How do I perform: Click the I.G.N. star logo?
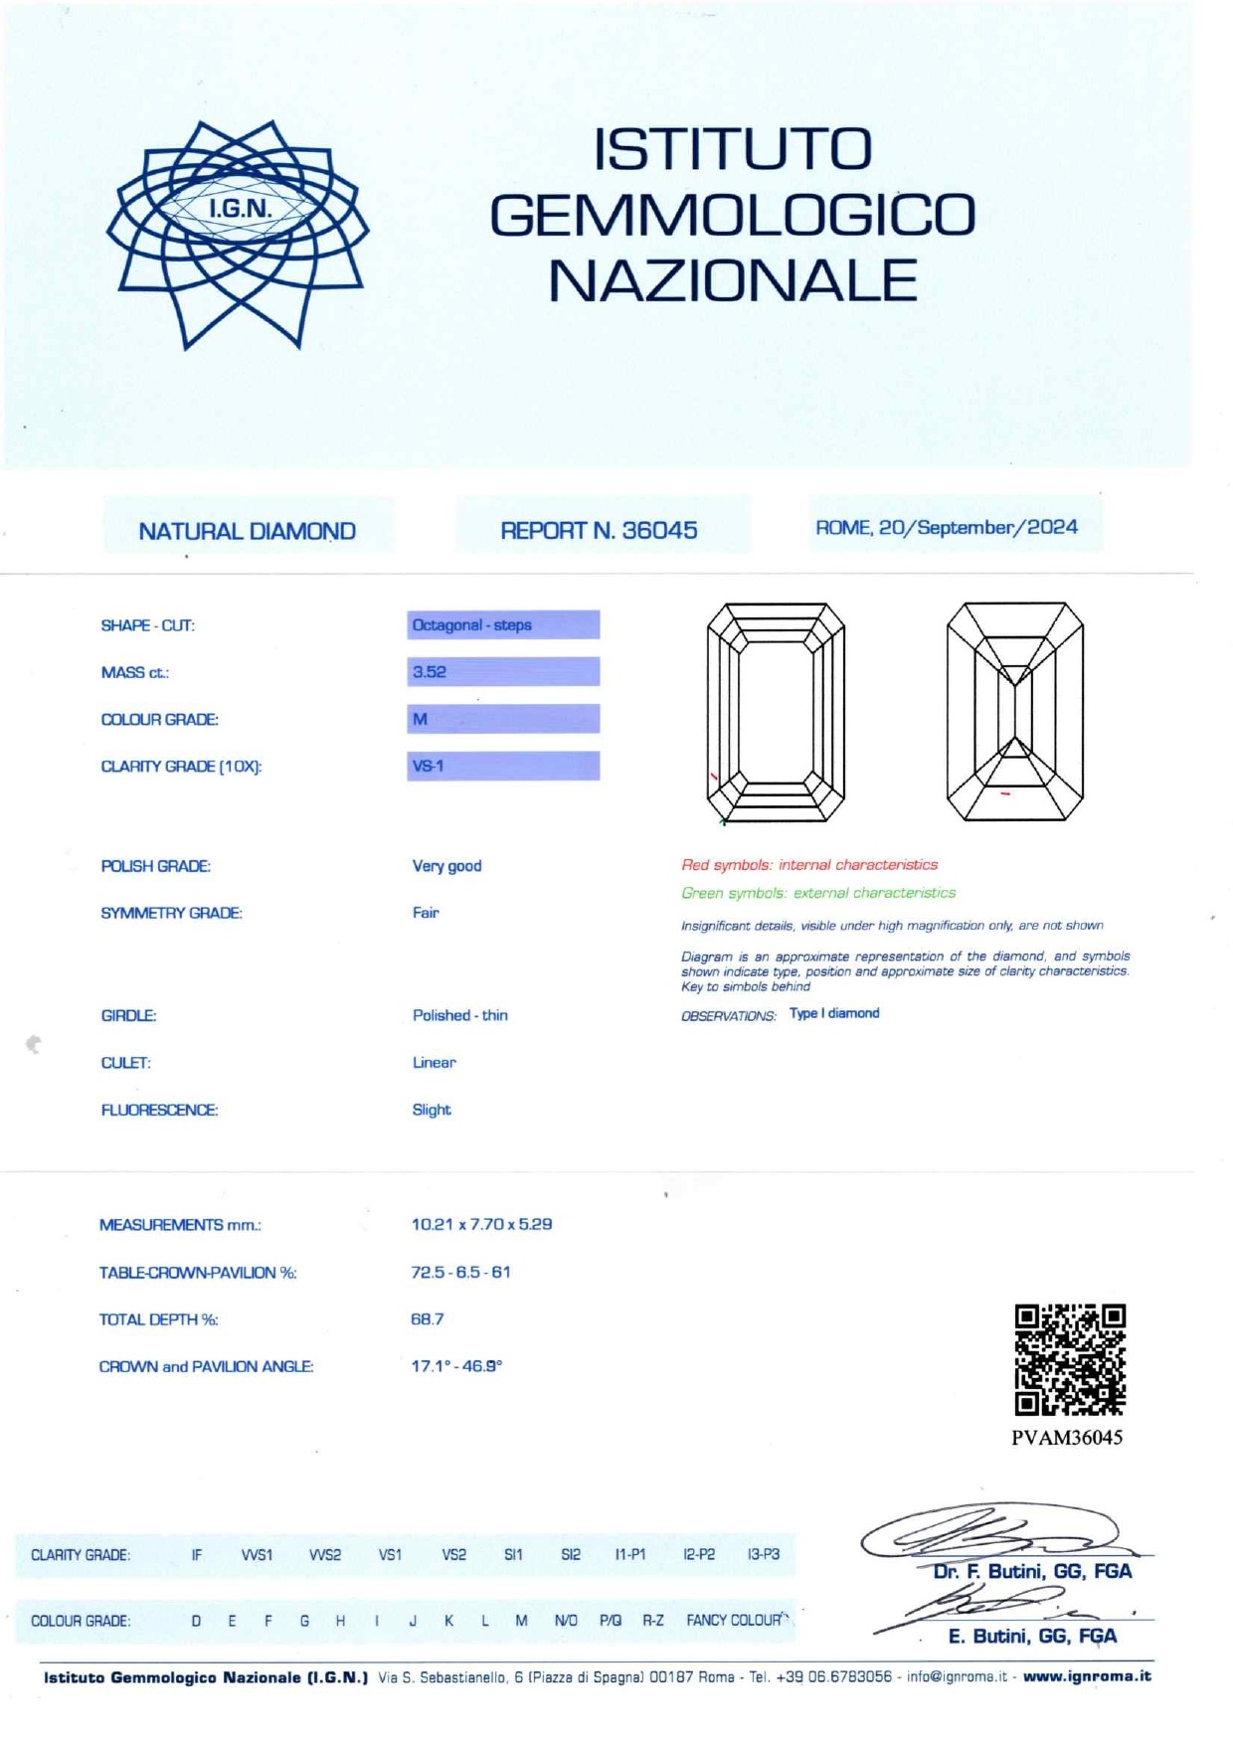(x=238, y=234)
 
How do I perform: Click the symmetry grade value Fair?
(x=426, y=912)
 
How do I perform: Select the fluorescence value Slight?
(x=432, y=1110)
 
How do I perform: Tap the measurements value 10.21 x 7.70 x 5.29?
(x=481, y=1224)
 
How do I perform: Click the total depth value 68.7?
(x=428, y=1318)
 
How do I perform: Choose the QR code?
(x=1070, y=1359)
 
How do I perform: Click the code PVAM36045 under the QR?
(x=1067, y=1437)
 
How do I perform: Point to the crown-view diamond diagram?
(x=776, y=712)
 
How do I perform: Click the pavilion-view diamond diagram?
(x=1014, y=712)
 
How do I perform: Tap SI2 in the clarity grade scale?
(x=571, y=1554)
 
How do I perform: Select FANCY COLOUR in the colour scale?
(x=734, y=1620)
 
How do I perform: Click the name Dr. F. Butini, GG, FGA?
(x=1032, y=1571)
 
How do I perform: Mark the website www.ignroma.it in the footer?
(x=1087, y=1676)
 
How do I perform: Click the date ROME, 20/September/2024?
(x=947, y=527)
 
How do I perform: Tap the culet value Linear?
(x=435, y=1062)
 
